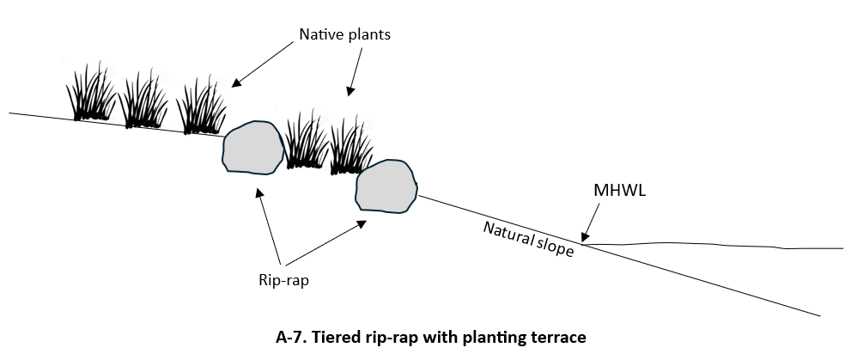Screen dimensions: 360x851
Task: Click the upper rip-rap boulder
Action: click(252, 147)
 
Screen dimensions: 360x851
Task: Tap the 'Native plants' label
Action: click(345, 35)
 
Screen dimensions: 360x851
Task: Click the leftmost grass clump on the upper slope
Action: click(90, 95)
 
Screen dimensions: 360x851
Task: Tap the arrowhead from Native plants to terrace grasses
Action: click(350, 90)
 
